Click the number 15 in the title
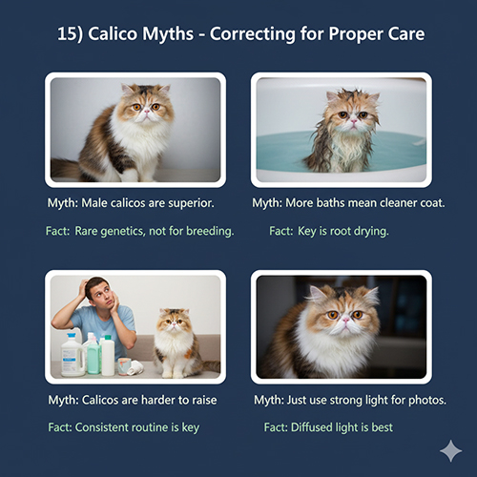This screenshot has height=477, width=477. point(66,33)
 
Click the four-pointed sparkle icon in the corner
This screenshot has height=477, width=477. point(451,451)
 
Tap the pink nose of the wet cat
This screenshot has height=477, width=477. point(354,121)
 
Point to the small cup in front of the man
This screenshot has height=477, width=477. point(124,366)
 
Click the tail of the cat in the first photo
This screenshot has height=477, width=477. point(64,168)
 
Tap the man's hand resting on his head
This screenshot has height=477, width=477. point(82,287)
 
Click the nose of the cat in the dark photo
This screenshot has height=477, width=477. point(345,320)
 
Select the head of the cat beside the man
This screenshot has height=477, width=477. point(173,321)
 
